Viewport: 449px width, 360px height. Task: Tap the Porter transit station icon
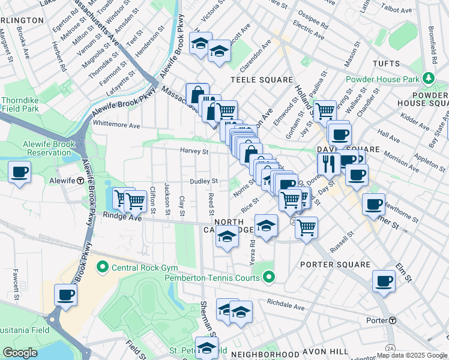point(392,320)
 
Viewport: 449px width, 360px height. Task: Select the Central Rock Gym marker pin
point(102,266)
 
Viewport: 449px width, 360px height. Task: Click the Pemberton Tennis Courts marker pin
point(270,278)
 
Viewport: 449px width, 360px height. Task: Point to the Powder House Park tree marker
point(428,79)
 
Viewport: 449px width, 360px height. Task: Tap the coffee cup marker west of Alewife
point(19,172)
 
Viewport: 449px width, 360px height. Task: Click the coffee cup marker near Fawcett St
point(65,295)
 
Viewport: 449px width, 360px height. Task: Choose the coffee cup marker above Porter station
point(384,280)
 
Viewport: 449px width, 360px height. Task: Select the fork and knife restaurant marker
point(328,163)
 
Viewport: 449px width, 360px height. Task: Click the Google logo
point(20,353)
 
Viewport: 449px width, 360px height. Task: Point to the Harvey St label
point(193,151)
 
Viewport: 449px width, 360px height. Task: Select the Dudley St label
point(203,181)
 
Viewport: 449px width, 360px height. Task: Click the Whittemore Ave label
point(116,125)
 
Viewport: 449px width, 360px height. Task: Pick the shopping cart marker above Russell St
point(306,227)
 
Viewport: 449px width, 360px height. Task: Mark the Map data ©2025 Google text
point(411,355)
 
